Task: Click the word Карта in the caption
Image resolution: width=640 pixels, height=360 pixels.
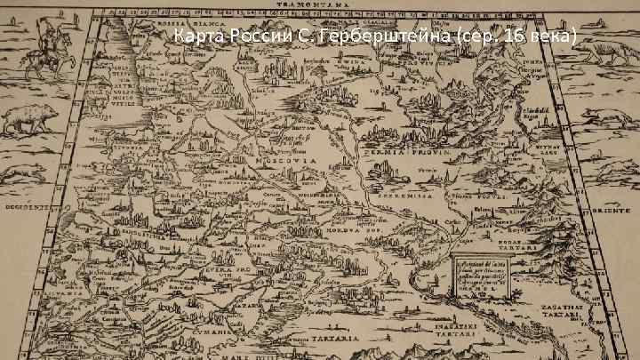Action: (x=196, y=37)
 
